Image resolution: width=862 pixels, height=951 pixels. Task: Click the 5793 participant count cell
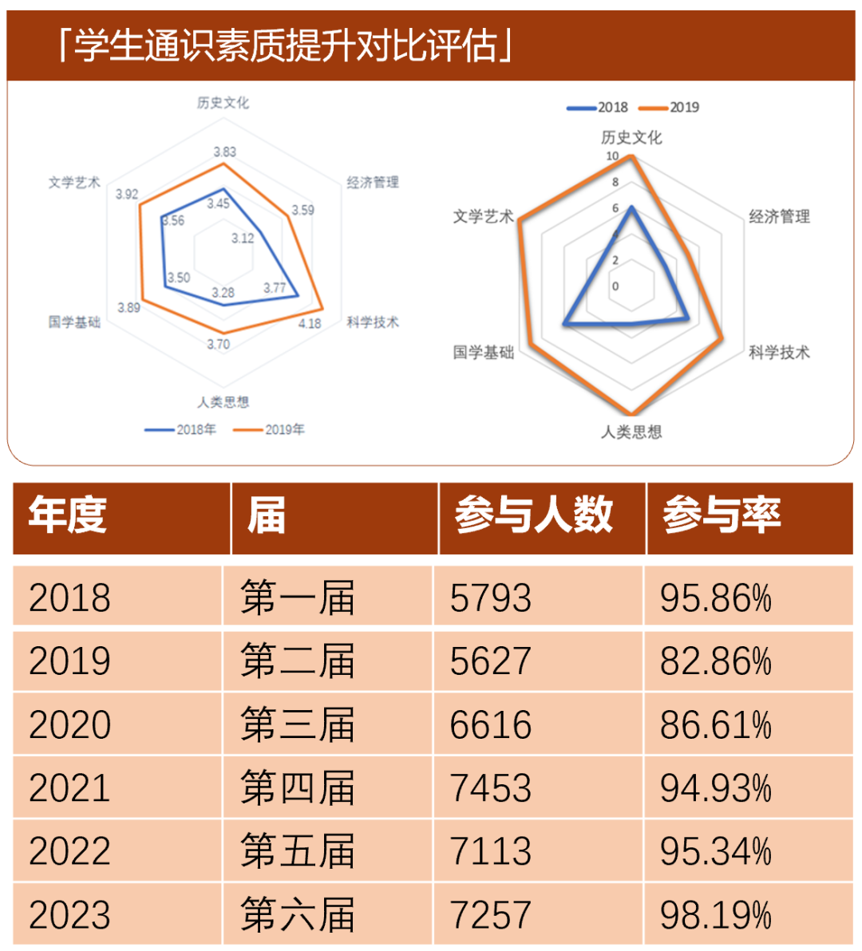click(490, 598)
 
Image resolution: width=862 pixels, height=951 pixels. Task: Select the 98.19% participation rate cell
click(715, 914)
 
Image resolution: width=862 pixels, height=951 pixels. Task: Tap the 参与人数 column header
click(534, 515)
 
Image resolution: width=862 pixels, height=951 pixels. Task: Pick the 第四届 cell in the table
click(297, 788)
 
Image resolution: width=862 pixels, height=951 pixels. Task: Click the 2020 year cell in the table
click(69, 724)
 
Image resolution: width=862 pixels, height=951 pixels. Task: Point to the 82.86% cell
click(715, 661)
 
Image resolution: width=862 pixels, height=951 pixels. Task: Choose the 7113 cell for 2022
click(490, 851)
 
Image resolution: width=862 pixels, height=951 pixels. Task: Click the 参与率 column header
click(722, 515)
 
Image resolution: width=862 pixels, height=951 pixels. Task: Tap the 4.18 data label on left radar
click(310, 323)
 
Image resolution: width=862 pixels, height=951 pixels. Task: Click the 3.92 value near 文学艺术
click(127, 194)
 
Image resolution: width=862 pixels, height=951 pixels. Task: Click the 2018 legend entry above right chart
click(598, 107)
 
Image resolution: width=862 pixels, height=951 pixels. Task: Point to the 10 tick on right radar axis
click(612, 156)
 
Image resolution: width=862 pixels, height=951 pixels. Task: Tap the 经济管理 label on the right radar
click(779, 216)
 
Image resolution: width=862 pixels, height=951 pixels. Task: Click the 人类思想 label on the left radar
click(223, 401)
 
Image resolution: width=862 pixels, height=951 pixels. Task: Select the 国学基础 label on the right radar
click(484, 352)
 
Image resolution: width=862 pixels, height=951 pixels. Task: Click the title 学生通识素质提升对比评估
click(286, 45)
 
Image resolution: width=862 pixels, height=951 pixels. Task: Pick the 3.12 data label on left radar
click(243, 238)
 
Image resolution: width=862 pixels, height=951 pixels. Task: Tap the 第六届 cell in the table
click(297, 914)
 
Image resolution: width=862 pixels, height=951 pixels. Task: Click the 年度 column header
click(68, 515)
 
